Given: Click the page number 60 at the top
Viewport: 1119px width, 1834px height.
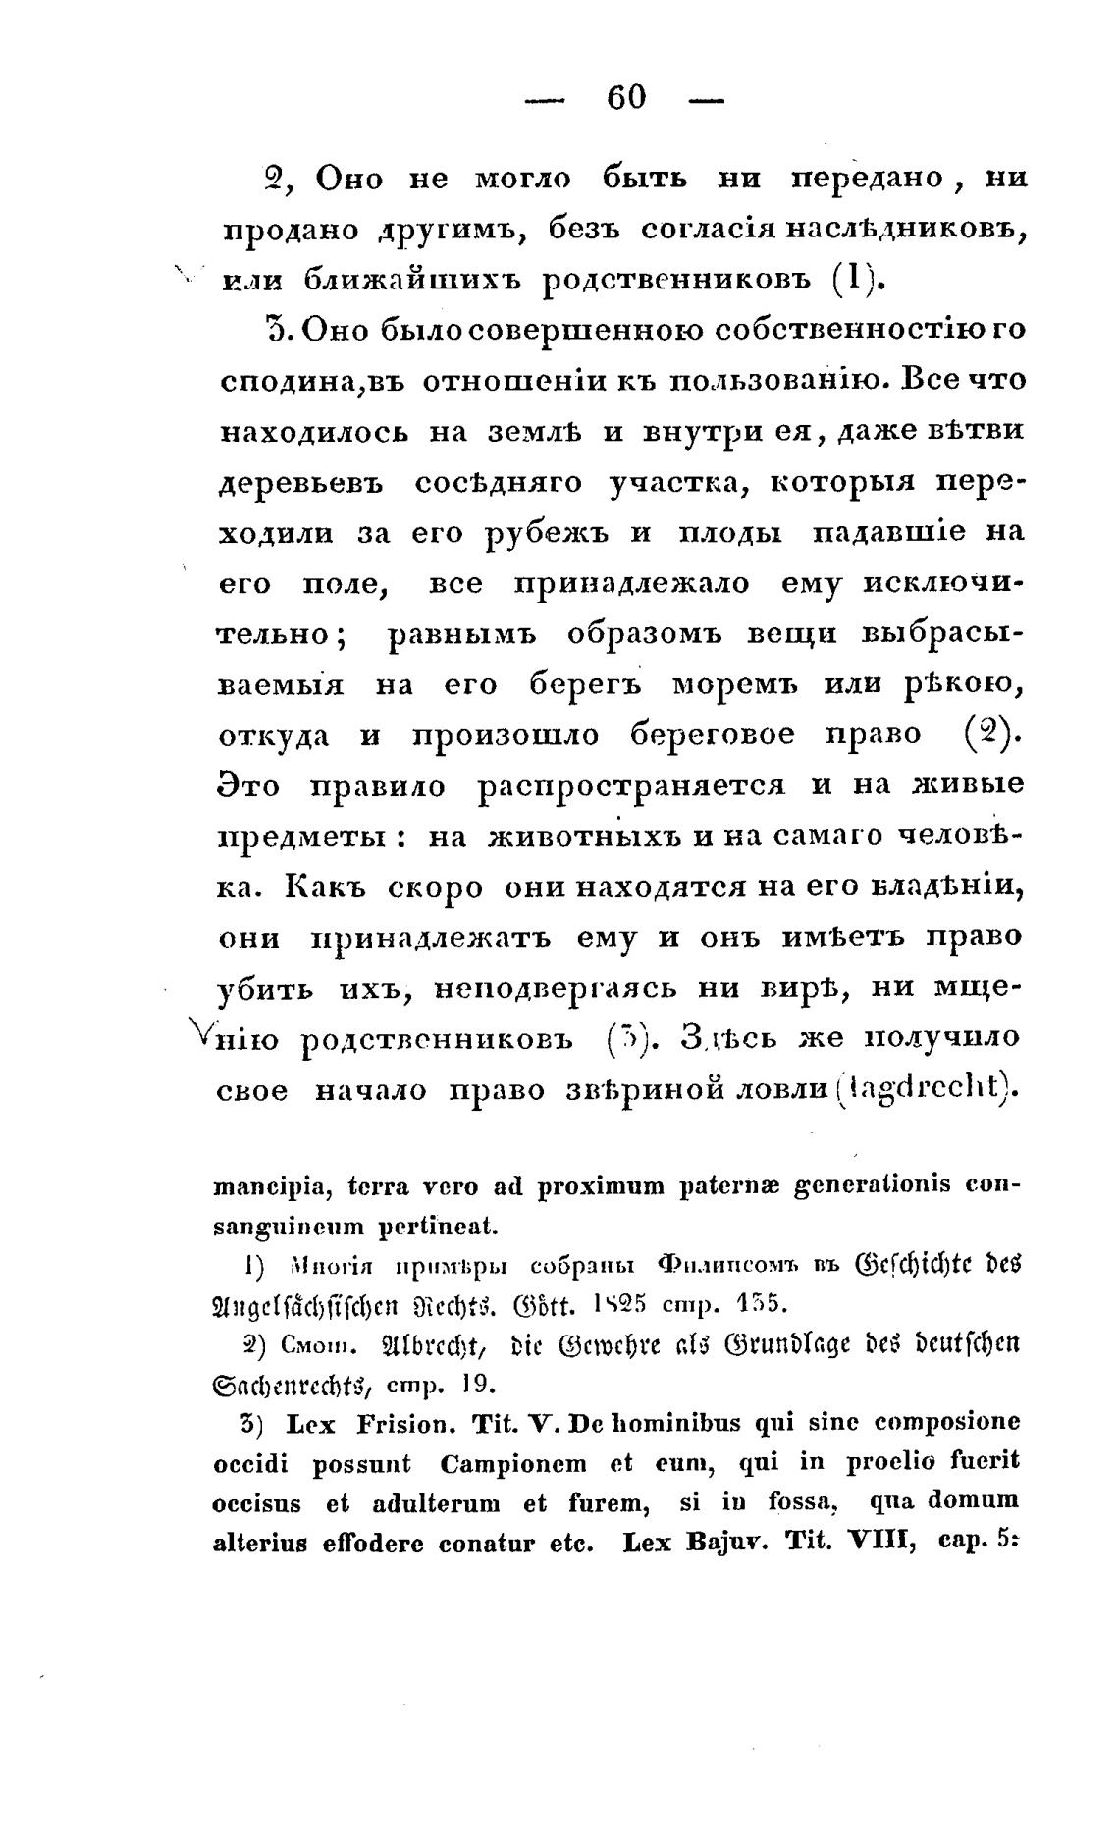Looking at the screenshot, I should pyautogui.click(x=626, y=97).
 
